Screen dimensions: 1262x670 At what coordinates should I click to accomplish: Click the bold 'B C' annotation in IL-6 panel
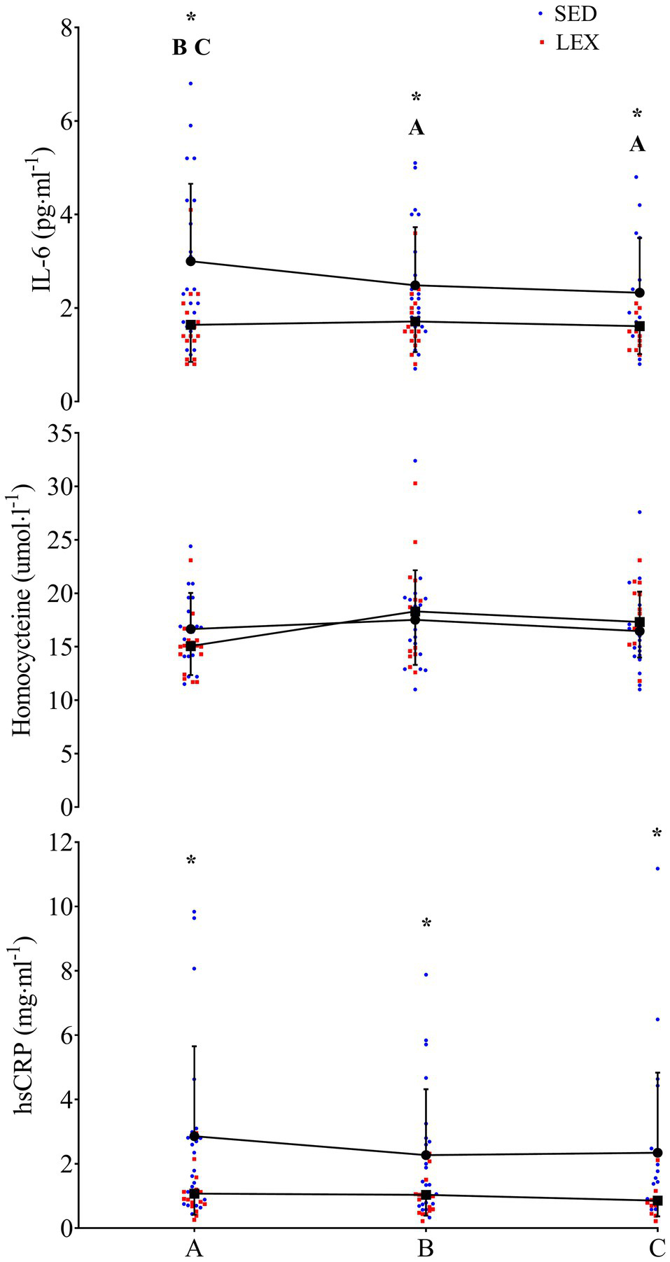tap(191, 48)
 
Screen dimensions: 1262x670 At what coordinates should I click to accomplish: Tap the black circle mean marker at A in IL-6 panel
tap(190, 261)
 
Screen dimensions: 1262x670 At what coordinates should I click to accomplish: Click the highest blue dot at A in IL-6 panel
tap(190, 83)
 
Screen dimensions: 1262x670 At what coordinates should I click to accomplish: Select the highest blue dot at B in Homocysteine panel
tap(415, 461)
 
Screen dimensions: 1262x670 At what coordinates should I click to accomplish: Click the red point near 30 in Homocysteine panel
tap(415, 483)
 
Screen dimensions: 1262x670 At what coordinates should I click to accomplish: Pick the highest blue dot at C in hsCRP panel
tap(657, 869)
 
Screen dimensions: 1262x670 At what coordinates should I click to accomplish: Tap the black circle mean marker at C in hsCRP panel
tap(657, 1152)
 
